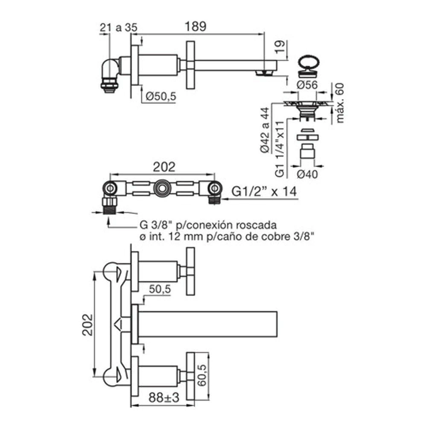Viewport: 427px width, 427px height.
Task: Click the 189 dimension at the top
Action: [195, 26]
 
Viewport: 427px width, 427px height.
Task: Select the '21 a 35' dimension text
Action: [118, 27]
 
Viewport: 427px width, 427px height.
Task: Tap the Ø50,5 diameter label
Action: [161, 96]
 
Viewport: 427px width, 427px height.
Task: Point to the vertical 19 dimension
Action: [280, 47]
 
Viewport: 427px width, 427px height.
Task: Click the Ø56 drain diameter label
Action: [307, 85]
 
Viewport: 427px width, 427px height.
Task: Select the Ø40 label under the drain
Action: [307, 174]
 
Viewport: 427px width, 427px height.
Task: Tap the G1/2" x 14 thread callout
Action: [264, 191]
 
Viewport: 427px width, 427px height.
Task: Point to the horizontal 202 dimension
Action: [164, 167]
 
